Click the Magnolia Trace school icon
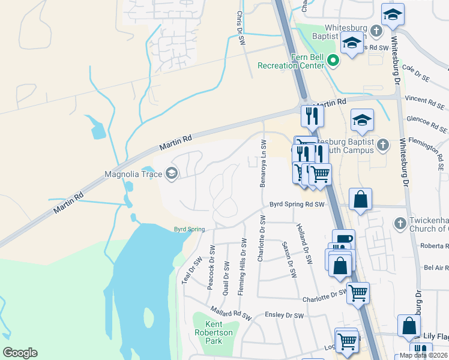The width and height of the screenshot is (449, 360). coord(172,174)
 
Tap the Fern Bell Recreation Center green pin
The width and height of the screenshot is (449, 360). coord(334,61)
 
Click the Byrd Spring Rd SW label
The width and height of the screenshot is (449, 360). coord(297,205)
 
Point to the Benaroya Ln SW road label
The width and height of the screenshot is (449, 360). coord(262,164)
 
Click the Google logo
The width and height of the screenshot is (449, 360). coord(20,352)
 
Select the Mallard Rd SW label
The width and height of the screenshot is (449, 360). coord(229,312)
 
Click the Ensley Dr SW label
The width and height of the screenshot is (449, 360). coord(285,316)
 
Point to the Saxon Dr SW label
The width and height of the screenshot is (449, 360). coord(290,260)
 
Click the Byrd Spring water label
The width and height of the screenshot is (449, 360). coord(190,229)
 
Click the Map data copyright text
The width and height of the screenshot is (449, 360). coord(423,355)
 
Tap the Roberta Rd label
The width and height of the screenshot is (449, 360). coord(434,245)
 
